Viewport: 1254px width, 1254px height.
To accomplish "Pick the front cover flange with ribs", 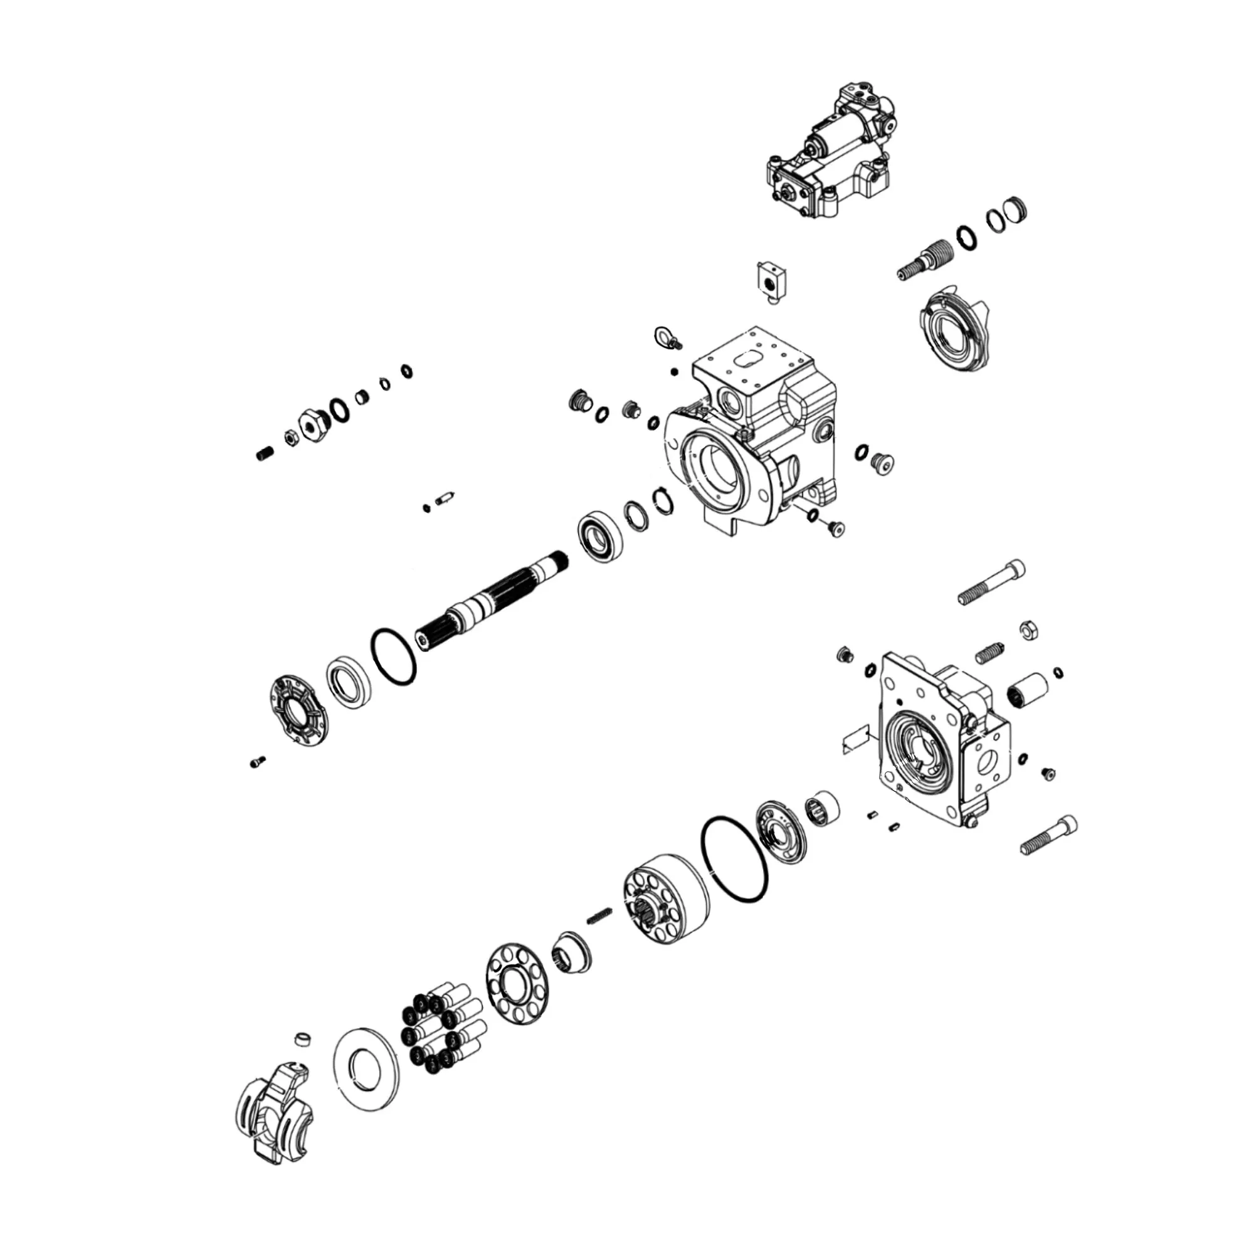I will [x=299, y=714].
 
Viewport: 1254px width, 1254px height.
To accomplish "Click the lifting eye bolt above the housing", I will [x=666, y=337].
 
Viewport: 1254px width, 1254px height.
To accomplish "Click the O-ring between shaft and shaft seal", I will [x=393, y=656].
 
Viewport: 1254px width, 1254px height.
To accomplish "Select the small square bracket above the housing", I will [x=771, y=280].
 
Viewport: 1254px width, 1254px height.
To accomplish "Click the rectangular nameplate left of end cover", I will [x=855, y=740].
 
